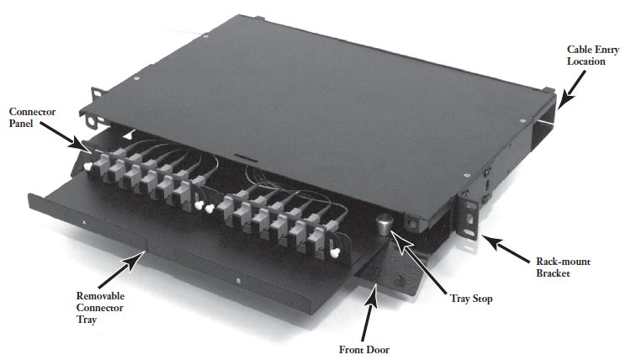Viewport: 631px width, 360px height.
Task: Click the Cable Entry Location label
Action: point(593,56)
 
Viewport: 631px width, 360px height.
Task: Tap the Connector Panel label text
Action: point(32,117)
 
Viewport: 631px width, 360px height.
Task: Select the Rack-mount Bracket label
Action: point(563,267)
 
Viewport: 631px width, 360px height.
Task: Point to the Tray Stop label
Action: point(471,299)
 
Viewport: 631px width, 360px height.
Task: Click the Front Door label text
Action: point(363,350)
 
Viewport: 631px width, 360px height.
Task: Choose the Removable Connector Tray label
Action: point(100,308)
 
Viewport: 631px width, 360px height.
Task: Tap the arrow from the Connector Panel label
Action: point(66,137)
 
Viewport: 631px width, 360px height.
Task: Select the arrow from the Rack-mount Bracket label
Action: point(506,249)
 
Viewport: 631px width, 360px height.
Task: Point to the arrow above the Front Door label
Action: point(370,311)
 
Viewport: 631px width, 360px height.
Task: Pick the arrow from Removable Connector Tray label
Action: point(122,271)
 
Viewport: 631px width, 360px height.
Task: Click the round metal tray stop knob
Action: point(384,225)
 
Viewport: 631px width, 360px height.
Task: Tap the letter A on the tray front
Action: point(84,222)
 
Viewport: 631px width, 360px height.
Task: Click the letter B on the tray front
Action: point(238,281)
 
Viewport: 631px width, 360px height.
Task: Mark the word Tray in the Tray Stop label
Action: point(460,299)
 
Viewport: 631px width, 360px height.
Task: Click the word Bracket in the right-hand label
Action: point(553,273)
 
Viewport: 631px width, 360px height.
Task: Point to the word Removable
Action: point(100,296)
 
